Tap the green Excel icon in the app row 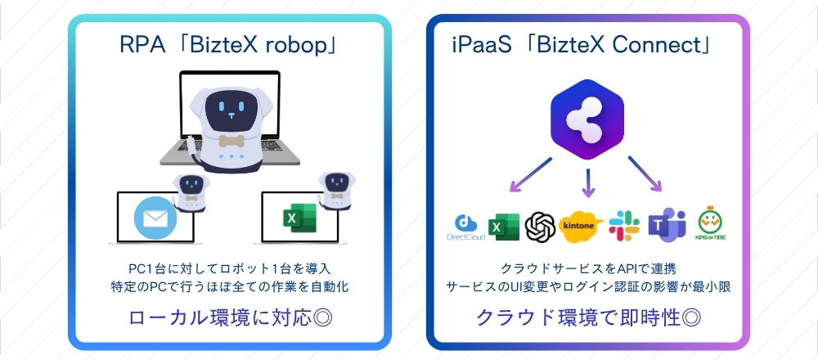[503, 225]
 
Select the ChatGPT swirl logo [541, 225]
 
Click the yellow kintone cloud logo [582, 225]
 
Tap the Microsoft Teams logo [665, 224]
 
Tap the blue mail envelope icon [155, 218]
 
